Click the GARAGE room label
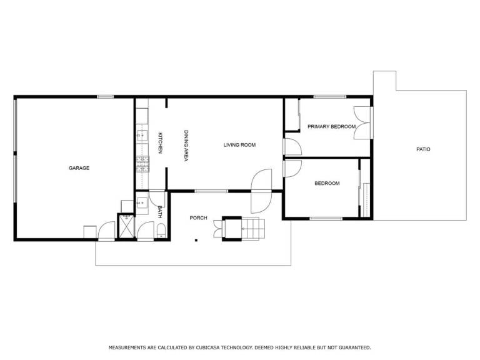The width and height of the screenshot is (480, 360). pos(79,168)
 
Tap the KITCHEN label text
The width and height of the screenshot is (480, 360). pos(160,142)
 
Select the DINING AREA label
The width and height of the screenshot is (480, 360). pos(186,146)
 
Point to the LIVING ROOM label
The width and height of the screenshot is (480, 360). pos(239,145)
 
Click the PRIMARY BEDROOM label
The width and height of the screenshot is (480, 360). pos(331,126)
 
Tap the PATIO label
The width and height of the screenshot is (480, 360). pos(423,149)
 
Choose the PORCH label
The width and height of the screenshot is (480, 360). pos(198,218)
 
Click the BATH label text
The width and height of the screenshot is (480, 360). pos(159,212)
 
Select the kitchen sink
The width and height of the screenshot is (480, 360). pos(142,135)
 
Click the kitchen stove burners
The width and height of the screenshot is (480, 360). pos(142,164)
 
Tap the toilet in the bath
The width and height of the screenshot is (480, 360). pos(161,231)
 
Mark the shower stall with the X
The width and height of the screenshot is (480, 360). pos(126,226)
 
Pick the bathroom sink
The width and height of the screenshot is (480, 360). pos(142,202)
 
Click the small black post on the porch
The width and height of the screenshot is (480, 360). pos(196,240)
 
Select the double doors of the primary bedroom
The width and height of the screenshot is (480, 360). pos(362,122)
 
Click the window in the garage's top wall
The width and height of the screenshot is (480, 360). pos(105,97)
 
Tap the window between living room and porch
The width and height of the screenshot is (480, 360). pos(211,191)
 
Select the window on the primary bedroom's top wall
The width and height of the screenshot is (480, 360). pos(330,97)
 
